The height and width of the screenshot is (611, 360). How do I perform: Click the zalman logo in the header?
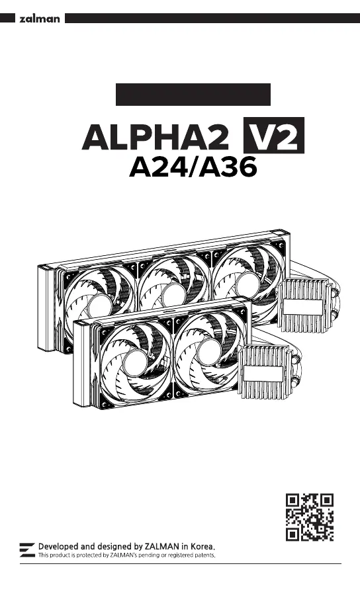[40, 19]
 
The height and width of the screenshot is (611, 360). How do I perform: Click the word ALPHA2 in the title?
[156, 138]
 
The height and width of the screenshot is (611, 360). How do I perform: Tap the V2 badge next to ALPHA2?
[274, 135]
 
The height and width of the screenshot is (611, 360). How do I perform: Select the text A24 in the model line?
[158, 167]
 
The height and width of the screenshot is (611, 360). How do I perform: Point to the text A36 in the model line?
[228, 167]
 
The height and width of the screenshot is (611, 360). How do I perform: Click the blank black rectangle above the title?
[193, 95]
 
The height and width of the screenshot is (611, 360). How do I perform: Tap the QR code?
[310, 517]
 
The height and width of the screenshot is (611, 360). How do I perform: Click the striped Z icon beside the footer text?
[27, 550]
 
